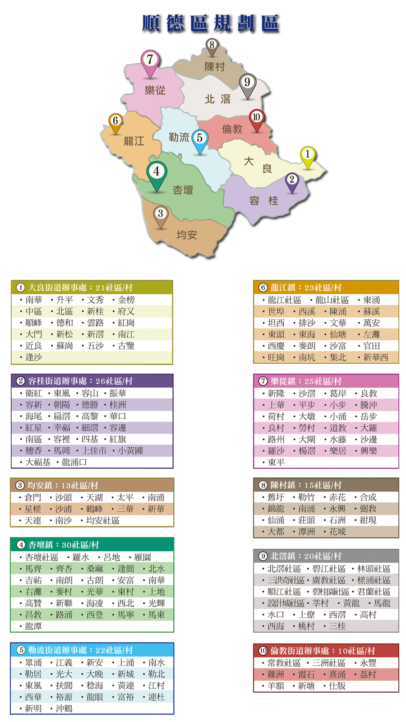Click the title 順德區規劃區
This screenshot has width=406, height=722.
tap(211, 23)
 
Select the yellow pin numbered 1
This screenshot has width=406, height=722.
tap(308, 155)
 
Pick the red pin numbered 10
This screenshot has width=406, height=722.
tap(256, 118)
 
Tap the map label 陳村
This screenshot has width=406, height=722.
tap(214, 67)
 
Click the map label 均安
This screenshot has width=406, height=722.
tap(187, 235)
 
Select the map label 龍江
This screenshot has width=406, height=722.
tap(134, 141)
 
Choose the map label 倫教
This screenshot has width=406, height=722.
tap(232, 130)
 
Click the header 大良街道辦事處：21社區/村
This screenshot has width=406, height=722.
tap(80, 287)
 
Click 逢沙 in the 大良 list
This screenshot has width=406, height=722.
tap(33, 357)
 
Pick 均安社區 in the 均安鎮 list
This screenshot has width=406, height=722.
tap(102, 520)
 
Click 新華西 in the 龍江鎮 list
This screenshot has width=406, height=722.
tap(375, 357)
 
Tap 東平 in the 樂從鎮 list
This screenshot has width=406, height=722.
tap(276, 462)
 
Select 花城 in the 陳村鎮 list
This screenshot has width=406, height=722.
tap(337, 532)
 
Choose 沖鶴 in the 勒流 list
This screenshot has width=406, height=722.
tap(64, 708)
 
